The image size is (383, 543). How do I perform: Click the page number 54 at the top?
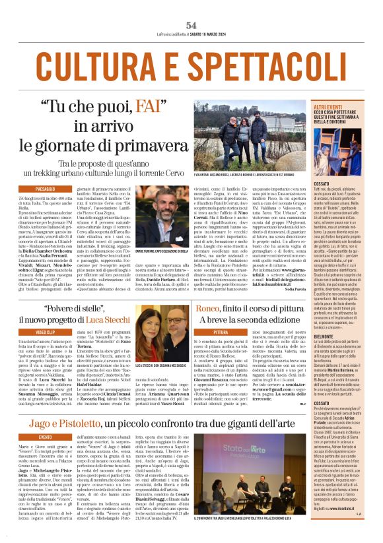[x=191, y=25]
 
